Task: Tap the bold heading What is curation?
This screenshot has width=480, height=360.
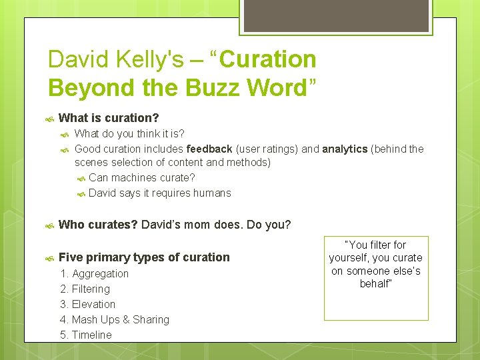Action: [x=109, y=118]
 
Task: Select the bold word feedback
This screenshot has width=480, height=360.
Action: [x=209, y=149]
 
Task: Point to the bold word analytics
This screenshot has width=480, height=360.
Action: [x=345, y=149]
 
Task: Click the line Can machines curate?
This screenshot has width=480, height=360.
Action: [x=141, y=177]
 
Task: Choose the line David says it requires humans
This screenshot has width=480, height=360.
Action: [x=159, y=193]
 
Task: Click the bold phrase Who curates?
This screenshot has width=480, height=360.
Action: [x=98, y=225]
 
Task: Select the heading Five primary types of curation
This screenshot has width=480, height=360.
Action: [x=144, y=257]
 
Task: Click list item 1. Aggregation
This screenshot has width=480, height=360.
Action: [x=94, y=273]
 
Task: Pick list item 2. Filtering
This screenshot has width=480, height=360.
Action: [x=85, y=289]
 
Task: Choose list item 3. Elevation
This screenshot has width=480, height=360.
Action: [x=87, y=304]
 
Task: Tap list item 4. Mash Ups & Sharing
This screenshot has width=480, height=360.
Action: [x=115, y=319]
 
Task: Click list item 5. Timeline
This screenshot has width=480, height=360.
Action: [x=86, y=335]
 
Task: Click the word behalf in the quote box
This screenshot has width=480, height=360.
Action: [x=375, y=283]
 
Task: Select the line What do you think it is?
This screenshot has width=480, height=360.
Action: [x=129, y=134]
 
